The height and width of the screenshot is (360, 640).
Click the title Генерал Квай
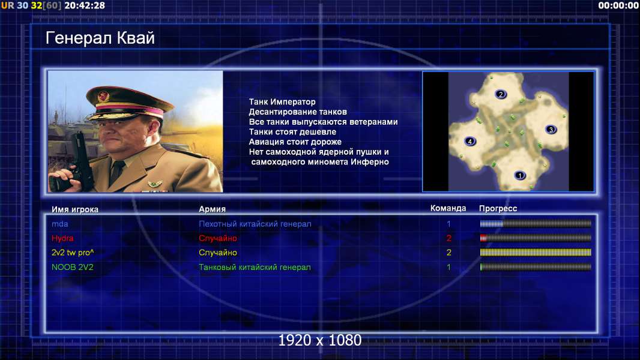(100, 38)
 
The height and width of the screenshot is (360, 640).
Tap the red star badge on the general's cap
(103, 96)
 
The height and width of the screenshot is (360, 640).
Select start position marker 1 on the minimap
(519, 176)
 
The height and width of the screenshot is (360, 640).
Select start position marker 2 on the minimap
(501, 94)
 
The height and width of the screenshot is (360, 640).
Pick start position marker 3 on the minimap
(551, 130)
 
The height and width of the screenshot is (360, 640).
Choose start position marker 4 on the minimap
(470, 142)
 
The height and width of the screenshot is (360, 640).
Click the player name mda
(59, 224)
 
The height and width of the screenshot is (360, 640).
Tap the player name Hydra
(62, 238)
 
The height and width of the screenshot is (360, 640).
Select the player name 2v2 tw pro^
(73, 253)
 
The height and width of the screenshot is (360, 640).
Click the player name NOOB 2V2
(72, 268)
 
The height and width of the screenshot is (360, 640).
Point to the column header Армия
(213, 209)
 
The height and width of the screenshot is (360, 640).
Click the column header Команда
(448, 208)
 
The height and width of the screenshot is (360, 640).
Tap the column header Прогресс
(498, 209)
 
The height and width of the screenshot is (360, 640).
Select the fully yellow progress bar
(536, 253)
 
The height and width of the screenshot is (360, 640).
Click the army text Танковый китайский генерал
(255, 268)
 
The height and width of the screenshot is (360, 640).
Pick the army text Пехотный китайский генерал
(255, 224)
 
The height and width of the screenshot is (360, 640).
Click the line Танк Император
(282, 102)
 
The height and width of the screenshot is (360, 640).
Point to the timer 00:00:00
(618, 6)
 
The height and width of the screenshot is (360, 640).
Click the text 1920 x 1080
(320, 340)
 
